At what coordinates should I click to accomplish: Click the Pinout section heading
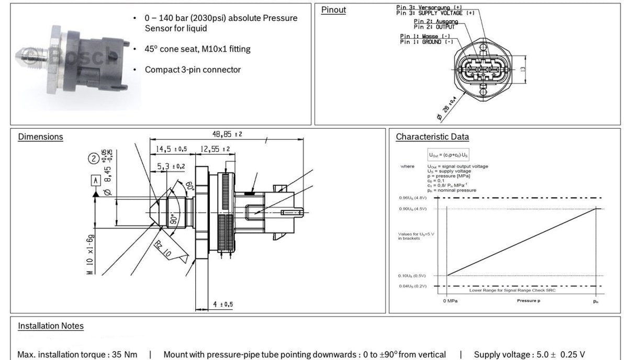tap(333, 10)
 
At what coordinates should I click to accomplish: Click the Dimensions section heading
tap(40, 137)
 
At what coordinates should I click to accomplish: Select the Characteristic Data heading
tap(432, 137)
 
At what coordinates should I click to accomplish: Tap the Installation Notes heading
tap(51, 326)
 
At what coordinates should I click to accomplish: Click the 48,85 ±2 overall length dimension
tap(227, 134)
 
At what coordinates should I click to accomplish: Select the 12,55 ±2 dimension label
tap(212, 150)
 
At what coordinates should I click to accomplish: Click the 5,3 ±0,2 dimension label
tap(171, 166)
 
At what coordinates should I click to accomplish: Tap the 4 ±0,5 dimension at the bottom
tap(223, 304)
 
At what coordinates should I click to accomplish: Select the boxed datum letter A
tap(95, 181)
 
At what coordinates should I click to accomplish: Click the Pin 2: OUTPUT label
tap(434, 27)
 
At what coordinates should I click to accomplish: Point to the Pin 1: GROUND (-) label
tap(427, 41)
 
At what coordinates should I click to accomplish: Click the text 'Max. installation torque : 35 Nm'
tap(77, 355)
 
